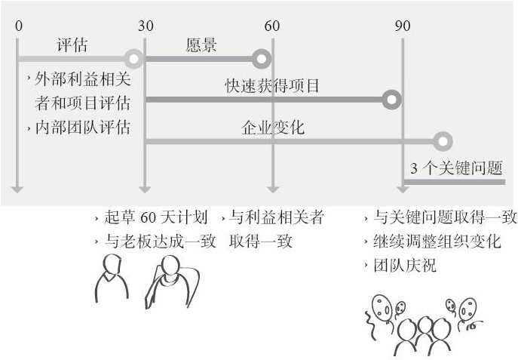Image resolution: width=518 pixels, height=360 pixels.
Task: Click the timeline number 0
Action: point(18,26)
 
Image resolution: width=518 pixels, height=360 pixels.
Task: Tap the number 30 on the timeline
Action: point(146,26)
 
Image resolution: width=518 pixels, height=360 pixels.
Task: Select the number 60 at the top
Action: point(272,26)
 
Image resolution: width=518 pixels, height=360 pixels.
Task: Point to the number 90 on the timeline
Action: point(403,26)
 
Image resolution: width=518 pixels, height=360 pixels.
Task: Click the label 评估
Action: point(72,45)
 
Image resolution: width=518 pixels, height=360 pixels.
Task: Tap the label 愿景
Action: point(201,45)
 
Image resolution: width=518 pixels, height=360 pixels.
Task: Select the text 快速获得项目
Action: point(272,86)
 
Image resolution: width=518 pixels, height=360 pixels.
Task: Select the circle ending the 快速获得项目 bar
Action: point(391,100)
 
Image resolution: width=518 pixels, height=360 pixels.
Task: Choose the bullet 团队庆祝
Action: point(408,266)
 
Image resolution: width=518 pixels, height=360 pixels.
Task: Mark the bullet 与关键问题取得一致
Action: point(446,218)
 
